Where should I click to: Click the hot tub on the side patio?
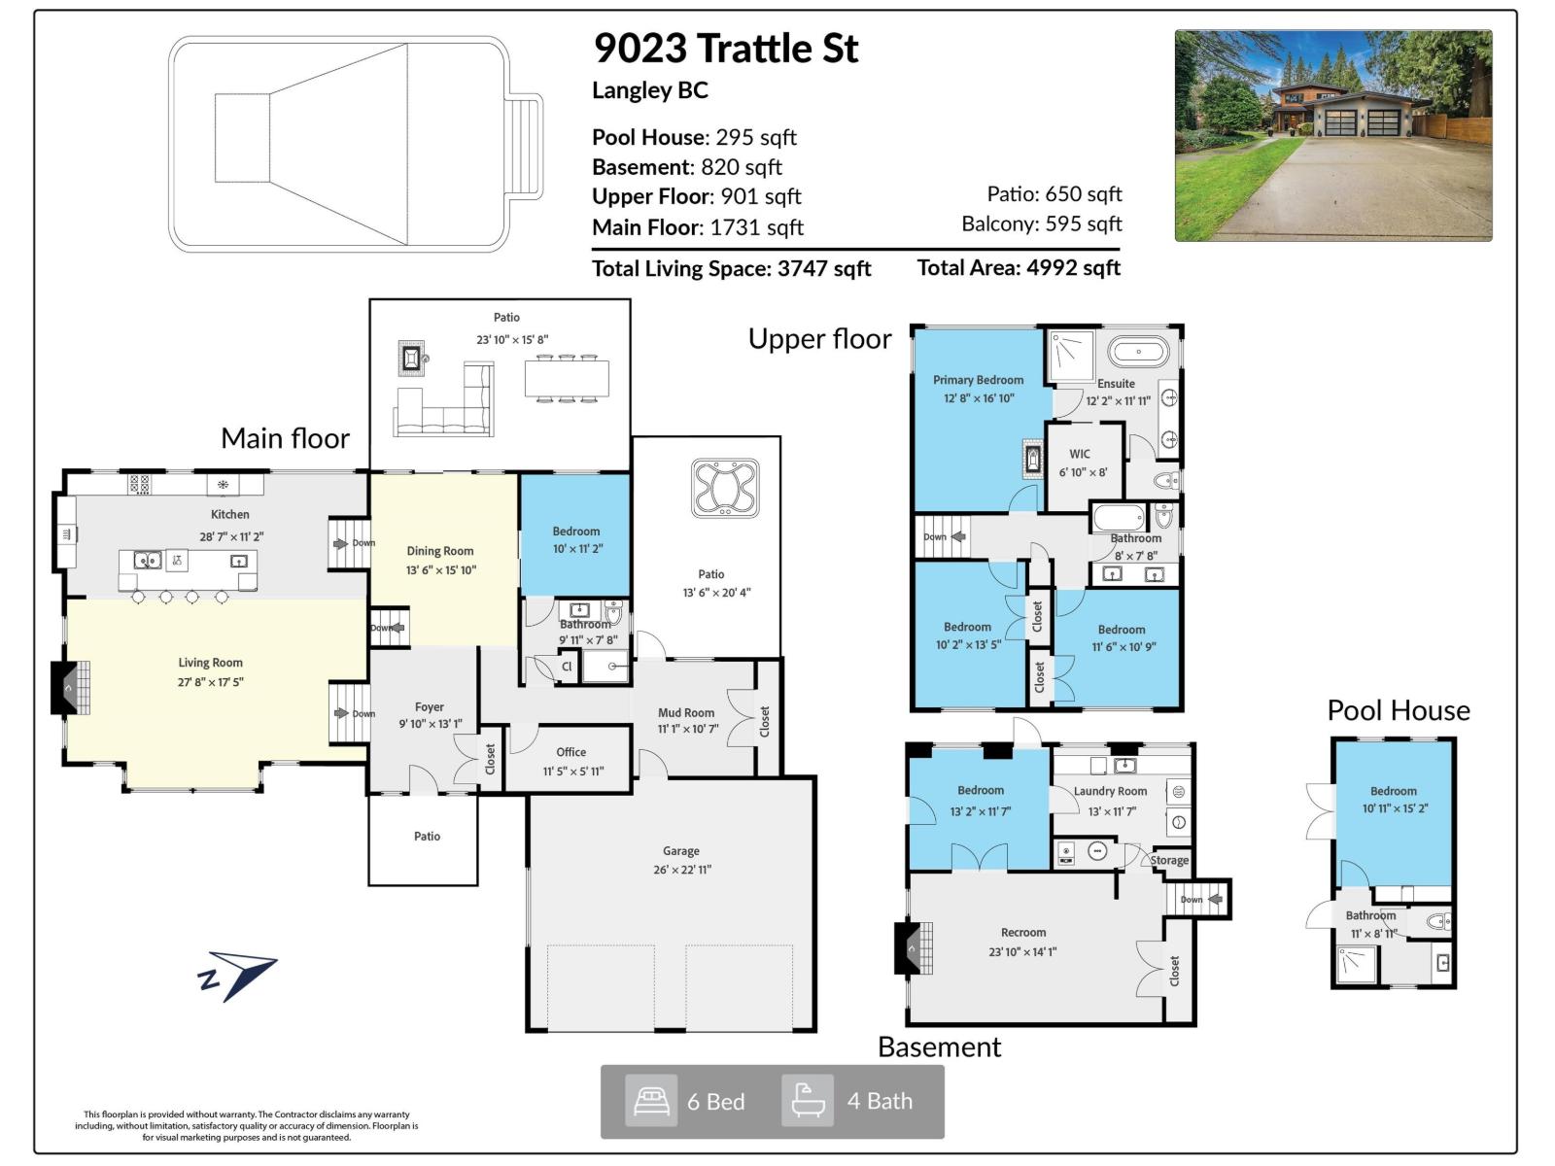[x=724, y=488]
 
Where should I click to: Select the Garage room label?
[x=681, y=850]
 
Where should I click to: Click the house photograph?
[x=1332, y=135]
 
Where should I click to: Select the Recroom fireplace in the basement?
[x=910, y=947]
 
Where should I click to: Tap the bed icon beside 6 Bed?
[x=650, y=1101]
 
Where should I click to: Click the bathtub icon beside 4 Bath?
[x=808, y=1101]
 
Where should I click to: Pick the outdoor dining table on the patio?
[x=567, y=378]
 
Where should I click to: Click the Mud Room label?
[x=685, y=712]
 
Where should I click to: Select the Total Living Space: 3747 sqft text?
[x=731, y=268]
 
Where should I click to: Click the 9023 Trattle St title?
[x=725, y=49]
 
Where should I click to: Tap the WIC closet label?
[x=1079, y=454]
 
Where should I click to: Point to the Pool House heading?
[x=1398, y=710]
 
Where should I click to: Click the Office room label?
[x=570, y=752]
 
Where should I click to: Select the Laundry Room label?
[x=1110, y=791]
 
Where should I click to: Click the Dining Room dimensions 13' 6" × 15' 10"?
[x=440, y=570]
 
